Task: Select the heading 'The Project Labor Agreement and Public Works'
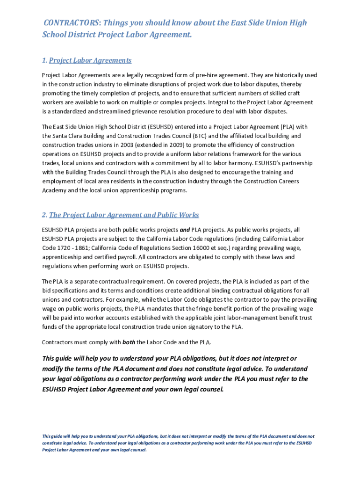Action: tap(124, 215)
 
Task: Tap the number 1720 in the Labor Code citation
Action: tap(65, 248)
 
